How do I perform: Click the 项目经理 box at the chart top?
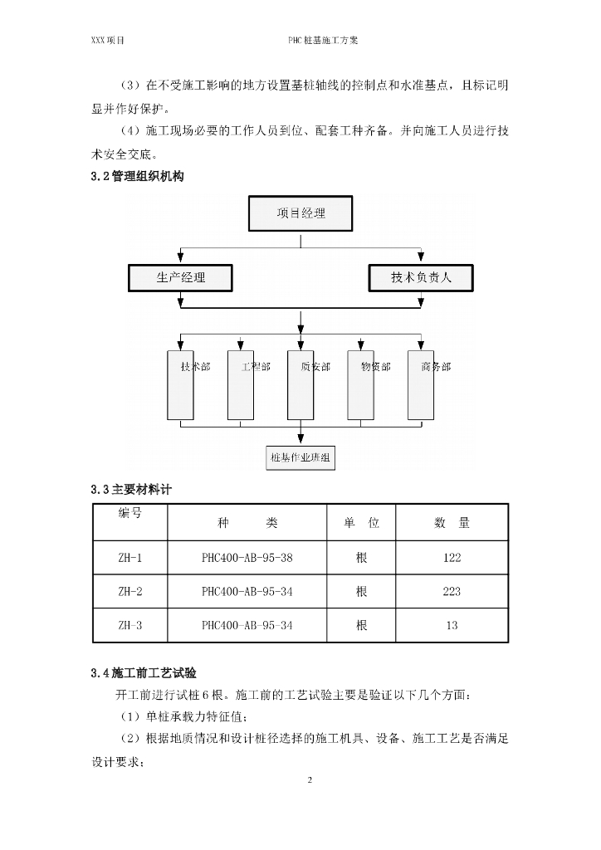click(300, 213)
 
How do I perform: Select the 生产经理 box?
click(180, 277)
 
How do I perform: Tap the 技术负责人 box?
click(421, 277)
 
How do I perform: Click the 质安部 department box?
click(300, 386)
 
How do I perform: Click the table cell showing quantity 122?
click(452, 558)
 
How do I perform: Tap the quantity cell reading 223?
click(452, 592)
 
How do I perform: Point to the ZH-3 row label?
click(129, 625)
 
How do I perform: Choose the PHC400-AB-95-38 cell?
click(247, 558)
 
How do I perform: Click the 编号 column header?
click(129, 514)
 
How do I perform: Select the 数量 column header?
click(452, 523)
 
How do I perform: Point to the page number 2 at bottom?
click(310, 781)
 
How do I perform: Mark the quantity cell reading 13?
click(452, 625)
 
